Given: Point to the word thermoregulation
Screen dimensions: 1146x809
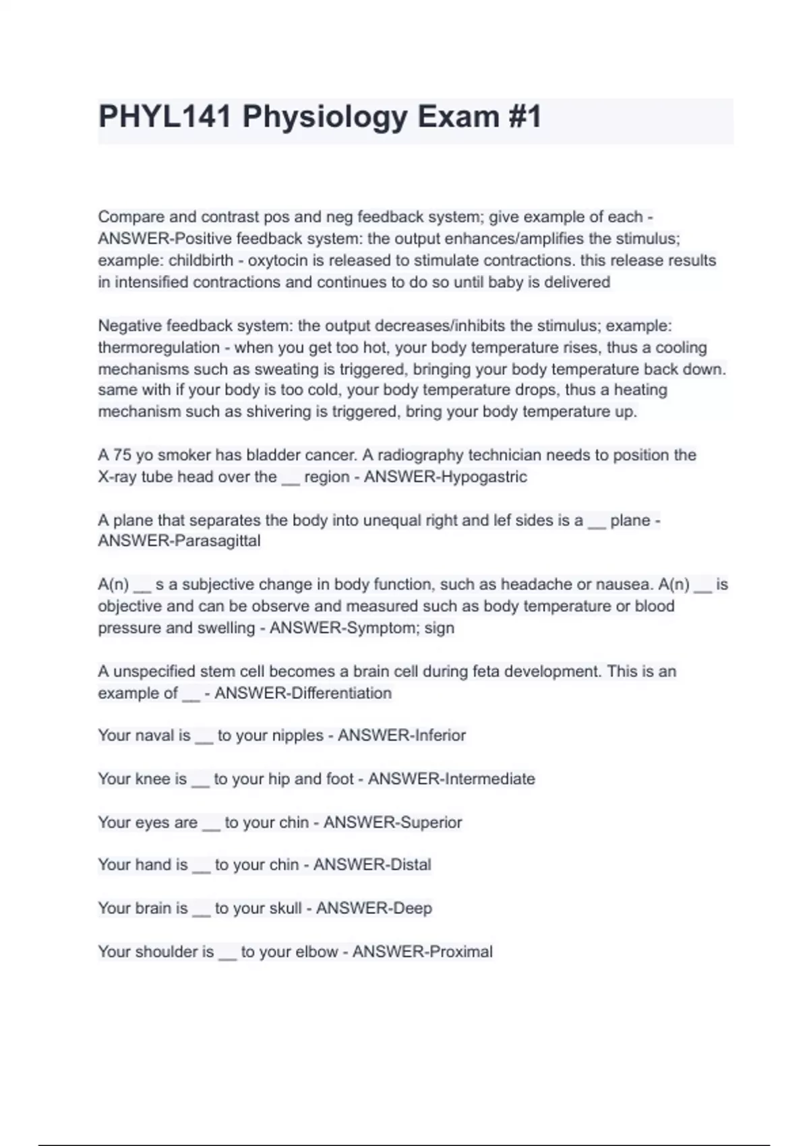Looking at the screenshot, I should click(x=159, y=348).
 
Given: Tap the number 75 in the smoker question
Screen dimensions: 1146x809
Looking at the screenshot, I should click(x=122, y=455).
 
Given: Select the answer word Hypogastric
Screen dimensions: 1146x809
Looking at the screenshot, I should click(x=483, y=477).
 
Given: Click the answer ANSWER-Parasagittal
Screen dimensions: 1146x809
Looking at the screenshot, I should click(x=179, y=541).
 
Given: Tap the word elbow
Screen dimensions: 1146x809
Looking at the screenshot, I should click(x=316, y=952).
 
